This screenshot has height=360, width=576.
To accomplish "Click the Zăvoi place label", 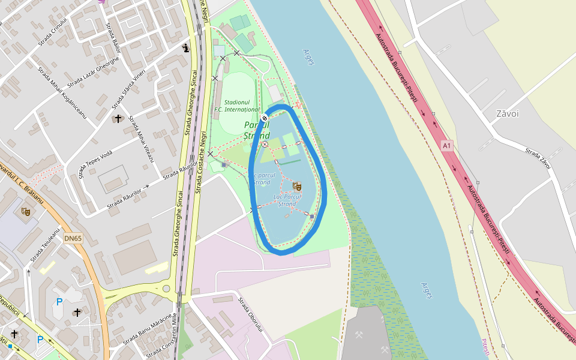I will [508, 113].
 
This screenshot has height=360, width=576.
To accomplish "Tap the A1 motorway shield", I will [446, 145].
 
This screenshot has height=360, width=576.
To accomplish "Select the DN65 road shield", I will [73, 238].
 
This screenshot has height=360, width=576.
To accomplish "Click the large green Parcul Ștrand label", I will [257, 130].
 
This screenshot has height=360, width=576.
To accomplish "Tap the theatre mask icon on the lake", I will [297, 187].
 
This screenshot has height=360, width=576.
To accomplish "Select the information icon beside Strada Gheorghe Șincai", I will [186, 48].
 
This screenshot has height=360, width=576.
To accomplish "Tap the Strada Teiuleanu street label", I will [46, 244].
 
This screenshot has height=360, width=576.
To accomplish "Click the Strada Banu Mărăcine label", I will [146, 329].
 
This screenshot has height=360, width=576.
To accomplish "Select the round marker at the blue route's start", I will [265, 117].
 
